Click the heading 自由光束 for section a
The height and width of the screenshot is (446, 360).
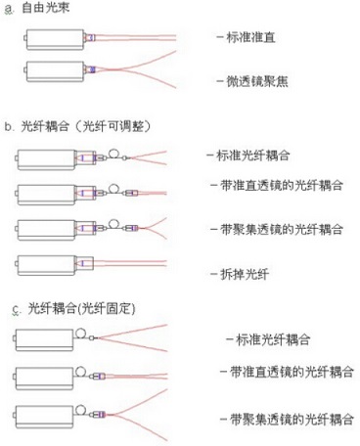coord(45,9)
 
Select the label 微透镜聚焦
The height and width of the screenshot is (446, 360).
coord(254,82)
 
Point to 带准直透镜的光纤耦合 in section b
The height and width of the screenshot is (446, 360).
coord(278,191)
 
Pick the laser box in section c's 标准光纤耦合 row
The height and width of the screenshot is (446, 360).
coord(44,338)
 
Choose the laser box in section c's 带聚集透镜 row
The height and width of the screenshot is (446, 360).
coord(44,411)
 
